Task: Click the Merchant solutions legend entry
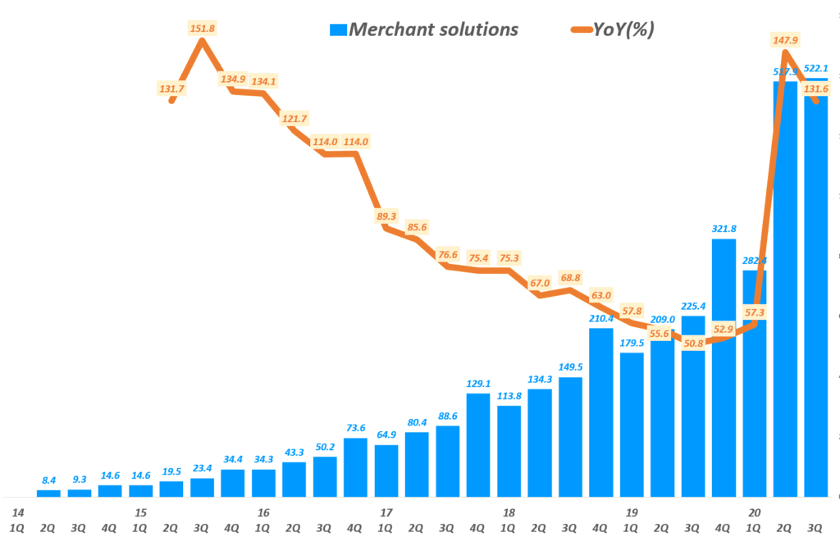[423, 30]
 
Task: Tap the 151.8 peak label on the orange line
[202, 29]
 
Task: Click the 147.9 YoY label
[784, 39]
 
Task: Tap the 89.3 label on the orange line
[386, 216]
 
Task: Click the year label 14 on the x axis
[17, 512]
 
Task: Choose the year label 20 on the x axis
[755, 512]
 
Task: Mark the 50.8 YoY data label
[693, 344]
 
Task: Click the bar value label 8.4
[48, 480]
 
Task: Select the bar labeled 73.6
[355, 467]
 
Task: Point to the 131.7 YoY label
[171, 89]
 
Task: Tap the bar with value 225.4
[693, 406]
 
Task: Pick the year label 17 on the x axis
[386, 512]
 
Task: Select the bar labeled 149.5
[570, 437]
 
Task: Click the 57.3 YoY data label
[755, 313]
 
